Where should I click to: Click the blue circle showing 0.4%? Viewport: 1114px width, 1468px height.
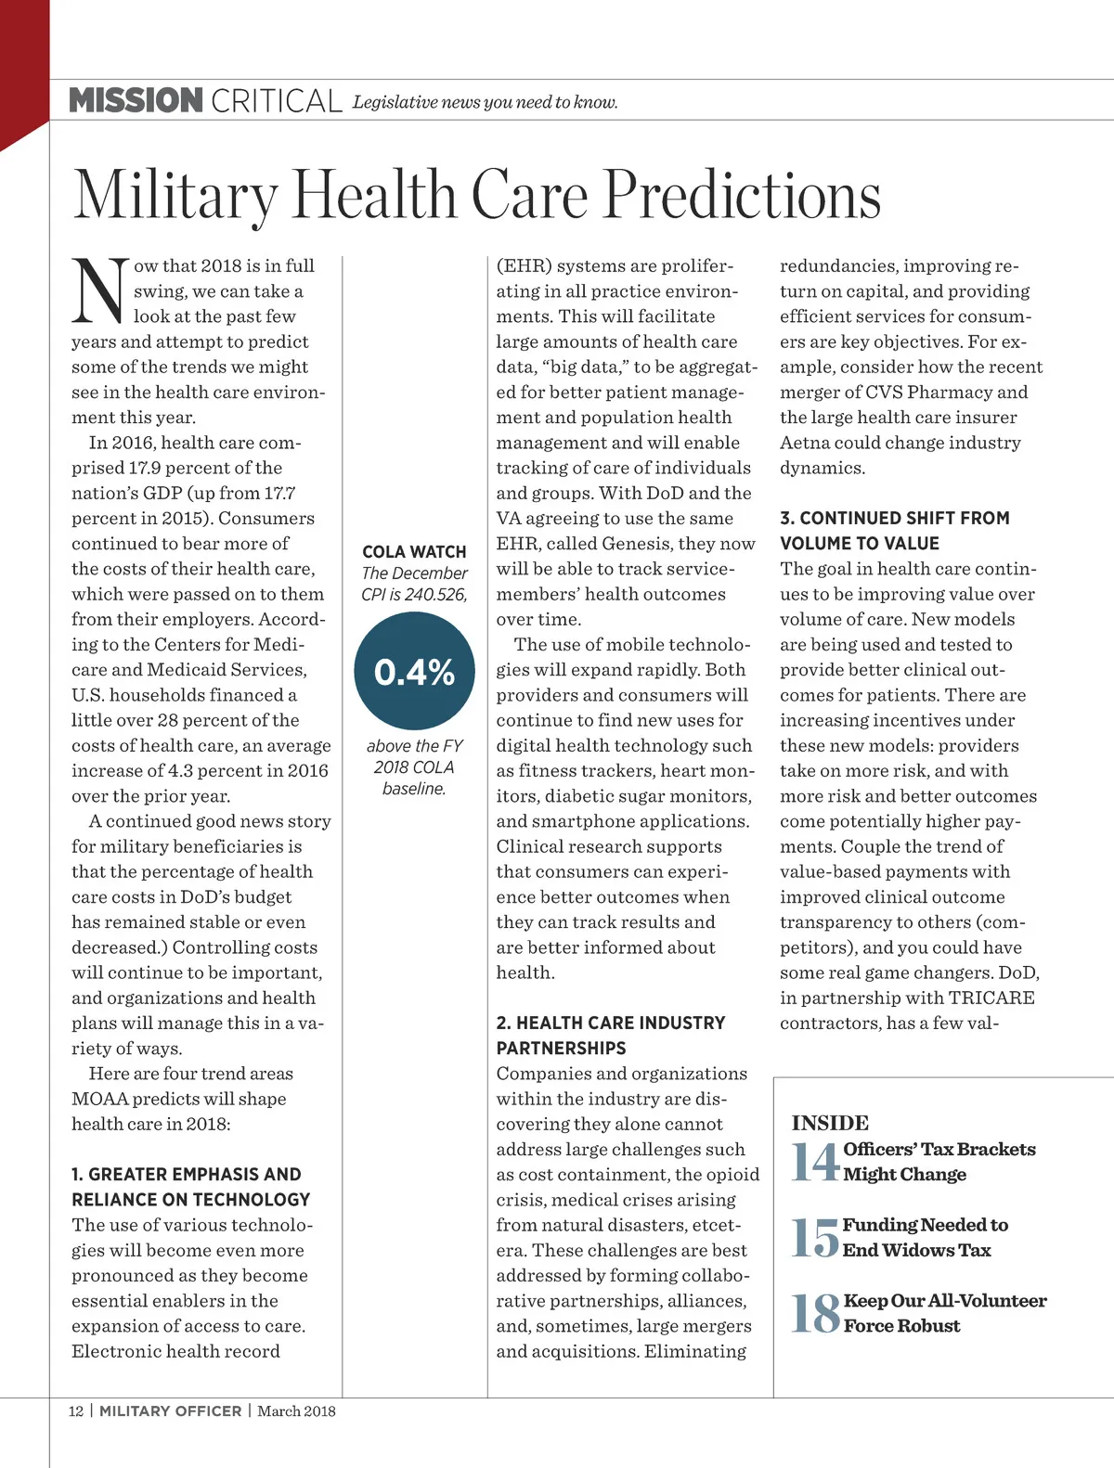coord(414,671)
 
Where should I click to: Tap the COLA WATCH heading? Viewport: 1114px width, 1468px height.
coord(414,551)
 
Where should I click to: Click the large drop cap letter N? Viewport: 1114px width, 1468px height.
coord(98,290)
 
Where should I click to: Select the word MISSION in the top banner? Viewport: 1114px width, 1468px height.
coord(136,100)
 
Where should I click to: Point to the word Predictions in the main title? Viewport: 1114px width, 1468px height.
coord(743,196)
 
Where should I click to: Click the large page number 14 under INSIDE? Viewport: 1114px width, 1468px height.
coord(815,1162)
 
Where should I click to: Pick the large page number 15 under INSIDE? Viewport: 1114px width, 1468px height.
coord(815,1238)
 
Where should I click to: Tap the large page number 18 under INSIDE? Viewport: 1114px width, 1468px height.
coord(815,1314)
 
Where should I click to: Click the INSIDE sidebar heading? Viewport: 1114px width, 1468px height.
coord(830,1123)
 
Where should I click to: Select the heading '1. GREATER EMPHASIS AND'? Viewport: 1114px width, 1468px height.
coord(187,1175)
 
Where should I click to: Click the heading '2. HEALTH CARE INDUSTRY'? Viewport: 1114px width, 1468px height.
coord(611,1023)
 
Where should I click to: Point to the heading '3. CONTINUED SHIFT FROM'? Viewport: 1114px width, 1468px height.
coord(895,518)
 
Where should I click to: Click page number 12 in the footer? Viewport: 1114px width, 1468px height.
coord(75,1411)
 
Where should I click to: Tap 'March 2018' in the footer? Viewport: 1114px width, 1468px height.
coord(296,1411)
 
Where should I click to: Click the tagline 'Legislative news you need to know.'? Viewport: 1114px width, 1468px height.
coord(485,102)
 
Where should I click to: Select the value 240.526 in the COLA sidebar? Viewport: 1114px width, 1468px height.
coord(435,595)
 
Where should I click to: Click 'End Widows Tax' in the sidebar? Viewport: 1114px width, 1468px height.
coord(916,1250)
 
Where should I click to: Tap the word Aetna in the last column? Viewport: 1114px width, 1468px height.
coord(805,443)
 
